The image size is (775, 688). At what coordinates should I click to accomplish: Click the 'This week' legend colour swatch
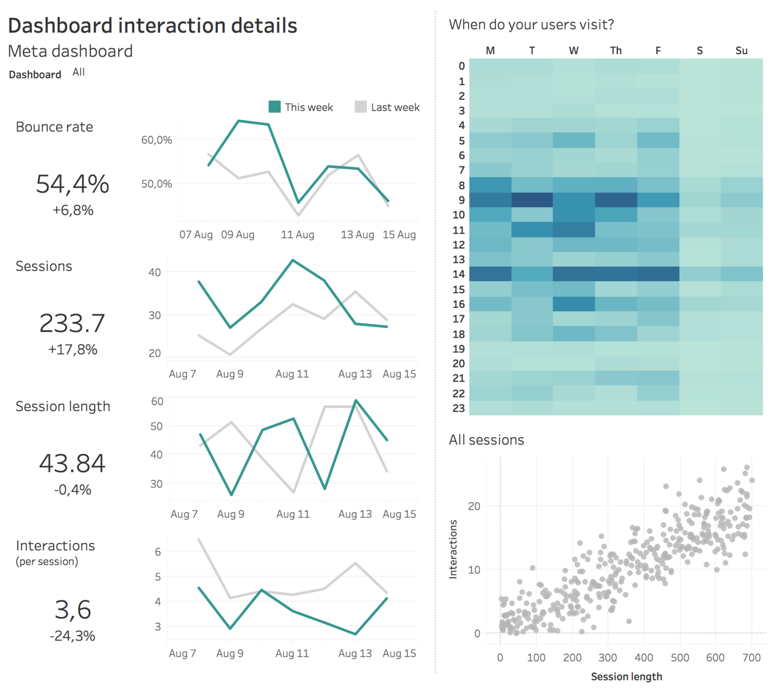[274, 107]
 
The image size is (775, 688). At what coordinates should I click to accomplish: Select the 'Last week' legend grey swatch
[361, 107]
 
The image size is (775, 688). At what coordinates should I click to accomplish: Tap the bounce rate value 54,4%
[72, 184]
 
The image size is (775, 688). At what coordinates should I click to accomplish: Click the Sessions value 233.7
[72, 323]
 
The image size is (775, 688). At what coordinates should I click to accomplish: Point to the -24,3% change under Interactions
[72, 636]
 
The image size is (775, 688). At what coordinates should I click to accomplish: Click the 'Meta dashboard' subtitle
[70, 51]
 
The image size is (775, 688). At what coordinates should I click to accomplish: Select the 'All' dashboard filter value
[79, 72]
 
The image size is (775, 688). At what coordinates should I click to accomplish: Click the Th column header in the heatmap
[616, 50]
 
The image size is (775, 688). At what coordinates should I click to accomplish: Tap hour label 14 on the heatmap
[459, 274]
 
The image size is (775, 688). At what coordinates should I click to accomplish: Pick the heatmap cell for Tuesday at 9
[532, 200]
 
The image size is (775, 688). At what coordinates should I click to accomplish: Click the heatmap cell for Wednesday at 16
[574, 304]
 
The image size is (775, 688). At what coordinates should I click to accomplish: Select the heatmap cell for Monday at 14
[490, 274]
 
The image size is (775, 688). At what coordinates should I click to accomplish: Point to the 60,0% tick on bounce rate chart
[157, 140]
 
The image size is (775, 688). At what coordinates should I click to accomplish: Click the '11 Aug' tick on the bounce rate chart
[297, 234]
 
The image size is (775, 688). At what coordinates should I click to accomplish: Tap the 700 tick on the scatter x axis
[752, 657]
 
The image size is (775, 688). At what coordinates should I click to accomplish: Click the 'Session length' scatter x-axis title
[627, 676]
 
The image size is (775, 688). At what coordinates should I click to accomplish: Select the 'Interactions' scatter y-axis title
[453, 549]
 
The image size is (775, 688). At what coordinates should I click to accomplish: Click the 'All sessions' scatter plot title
[486, 440]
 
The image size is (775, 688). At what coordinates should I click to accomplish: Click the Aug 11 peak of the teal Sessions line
[293, 260]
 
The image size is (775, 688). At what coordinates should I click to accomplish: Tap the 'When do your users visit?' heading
[531, 24]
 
